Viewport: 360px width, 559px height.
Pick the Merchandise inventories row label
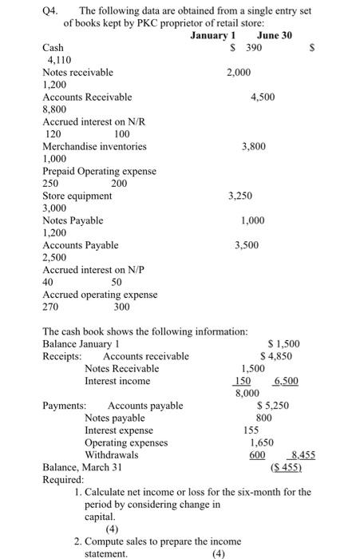(94, 146)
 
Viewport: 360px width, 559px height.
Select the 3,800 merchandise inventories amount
(253, 146)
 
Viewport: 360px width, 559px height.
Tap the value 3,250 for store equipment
(241, 195)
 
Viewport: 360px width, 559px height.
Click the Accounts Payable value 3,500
(246, 244)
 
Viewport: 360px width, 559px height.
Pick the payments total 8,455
(285, 454)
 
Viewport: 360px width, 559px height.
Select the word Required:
(62, 479)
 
